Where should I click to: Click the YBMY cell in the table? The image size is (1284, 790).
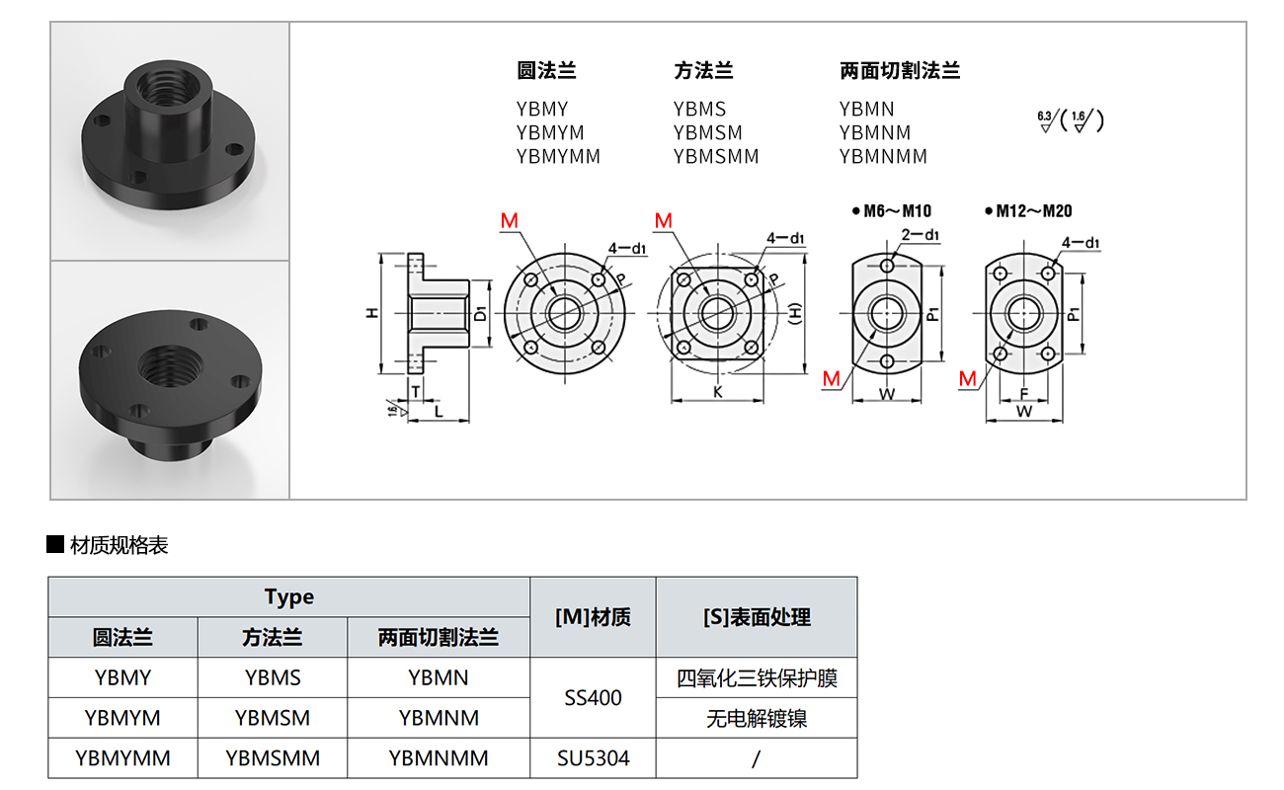coord(123,677)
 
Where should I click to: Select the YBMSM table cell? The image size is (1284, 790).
coord(273,718)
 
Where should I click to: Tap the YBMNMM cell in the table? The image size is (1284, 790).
coord(439,758)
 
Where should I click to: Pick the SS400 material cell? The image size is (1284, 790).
coord(593,698)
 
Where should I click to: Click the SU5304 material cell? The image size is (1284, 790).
coord(593,758)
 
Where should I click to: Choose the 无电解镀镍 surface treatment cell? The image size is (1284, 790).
coord(757,719)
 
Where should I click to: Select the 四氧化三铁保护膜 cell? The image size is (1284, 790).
coord(757,678)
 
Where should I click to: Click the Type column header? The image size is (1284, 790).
coord(289,596)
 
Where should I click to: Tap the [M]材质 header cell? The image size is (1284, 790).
coord(593,617)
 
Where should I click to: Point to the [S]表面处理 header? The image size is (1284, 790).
coord(757,617)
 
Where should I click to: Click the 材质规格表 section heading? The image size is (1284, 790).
coord(119,545)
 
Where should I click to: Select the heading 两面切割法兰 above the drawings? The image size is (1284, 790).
coord(900,71)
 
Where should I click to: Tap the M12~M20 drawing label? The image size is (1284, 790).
coord(1033,210)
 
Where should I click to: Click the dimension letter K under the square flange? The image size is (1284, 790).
coord(717,392)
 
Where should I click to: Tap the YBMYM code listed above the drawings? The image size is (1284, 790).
coord(550,132)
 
